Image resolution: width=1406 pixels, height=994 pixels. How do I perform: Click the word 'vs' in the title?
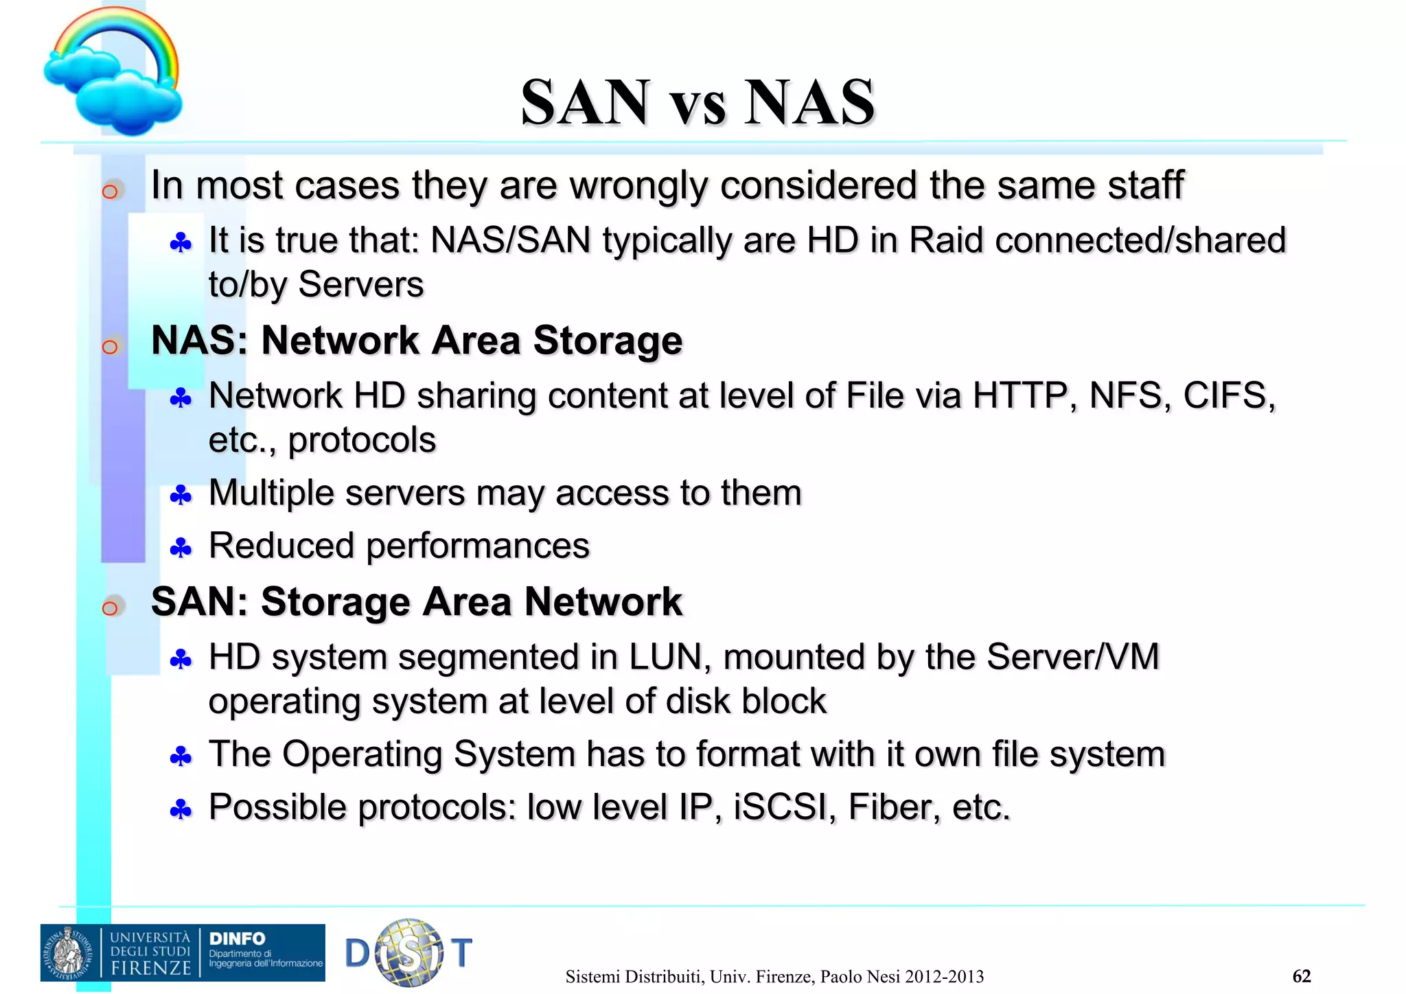pos(698,104)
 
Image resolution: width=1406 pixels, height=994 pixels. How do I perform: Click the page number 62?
pos(1301,976)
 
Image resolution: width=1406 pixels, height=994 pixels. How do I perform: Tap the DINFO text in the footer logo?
pos(237,938)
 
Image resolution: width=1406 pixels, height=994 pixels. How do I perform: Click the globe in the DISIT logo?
pos(410,952)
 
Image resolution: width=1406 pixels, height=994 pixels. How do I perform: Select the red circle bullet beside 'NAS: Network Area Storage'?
pos(110,347)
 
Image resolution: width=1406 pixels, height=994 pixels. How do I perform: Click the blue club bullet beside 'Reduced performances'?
pos(181,548)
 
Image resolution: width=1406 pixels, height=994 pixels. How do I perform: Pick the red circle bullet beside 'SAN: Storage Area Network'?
pos(110,608)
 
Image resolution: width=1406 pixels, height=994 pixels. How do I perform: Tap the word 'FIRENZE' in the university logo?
pos(151,968)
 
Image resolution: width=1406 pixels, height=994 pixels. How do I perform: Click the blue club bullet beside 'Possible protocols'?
pos(181,810)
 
